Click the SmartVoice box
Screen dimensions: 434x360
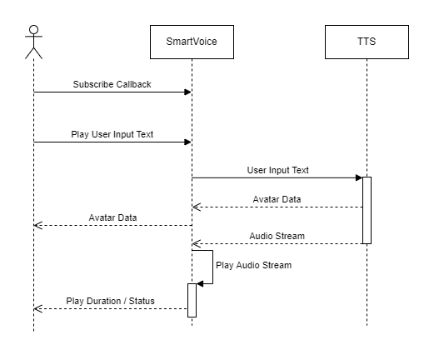point(192,42)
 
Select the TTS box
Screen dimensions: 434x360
point(367,42)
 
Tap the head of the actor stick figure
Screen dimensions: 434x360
point(33,30)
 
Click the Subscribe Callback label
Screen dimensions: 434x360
point(112,84)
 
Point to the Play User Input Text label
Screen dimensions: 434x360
point(112,134)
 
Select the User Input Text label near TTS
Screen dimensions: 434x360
point(278,170)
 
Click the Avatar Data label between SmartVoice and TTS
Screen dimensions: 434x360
point(277,199)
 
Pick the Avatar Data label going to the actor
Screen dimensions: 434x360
point(112,217)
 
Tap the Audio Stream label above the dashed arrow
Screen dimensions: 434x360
point(277,236)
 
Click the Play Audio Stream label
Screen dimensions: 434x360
point(254,265)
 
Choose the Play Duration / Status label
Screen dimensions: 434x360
point(110,301)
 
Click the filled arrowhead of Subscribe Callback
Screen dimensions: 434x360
point(188,92)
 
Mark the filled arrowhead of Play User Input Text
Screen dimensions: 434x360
point(188,142)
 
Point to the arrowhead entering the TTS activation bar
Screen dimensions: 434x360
point(359,177)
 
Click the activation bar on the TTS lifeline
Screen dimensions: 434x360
point(367,210)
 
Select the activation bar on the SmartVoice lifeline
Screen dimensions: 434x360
point(192,300)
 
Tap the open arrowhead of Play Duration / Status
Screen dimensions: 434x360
point(37,308)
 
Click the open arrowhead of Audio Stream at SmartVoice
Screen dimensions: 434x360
point(196,244)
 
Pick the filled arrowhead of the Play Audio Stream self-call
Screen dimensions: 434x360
point(200,283)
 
